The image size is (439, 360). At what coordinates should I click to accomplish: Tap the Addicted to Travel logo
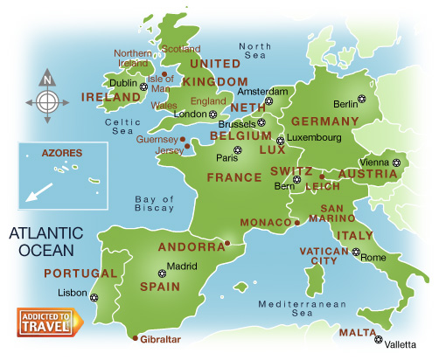[x=49, y=322]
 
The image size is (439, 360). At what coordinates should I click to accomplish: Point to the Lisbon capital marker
[x=94, y=299]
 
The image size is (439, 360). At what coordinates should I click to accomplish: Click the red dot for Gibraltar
[x=134, y=338]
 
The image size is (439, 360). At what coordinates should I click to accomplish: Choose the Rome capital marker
[x=355, y=253]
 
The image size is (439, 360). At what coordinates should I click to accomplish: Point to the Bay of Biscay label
[x=156, y=204]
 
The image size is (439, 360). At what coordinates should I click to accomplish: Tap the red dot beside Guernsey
[x=183, y=138]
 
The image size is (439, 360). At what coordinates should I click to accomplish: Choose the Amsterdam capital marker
[x=269, y=101]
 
